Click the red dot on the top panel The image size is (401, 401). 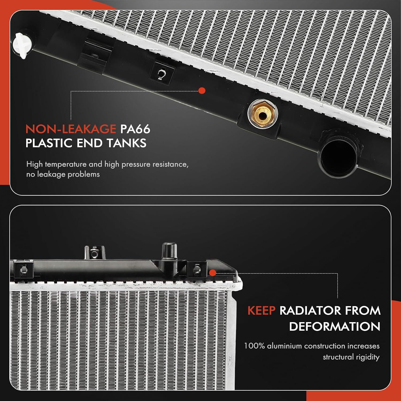coord(202,91)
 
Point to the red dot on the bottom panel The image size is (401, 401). coord(213,273)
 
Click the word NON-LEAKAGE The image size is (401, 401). coord(71,129)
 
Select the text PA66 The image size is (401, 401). coord(135,129)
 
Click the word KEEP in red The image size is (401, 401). coord(261,311)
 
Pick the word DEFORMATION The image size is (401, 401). coord(334,326)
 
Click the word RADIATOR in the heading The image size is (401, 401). coord(310,311)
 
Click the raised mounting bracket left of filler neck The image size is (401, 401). coord(94,253)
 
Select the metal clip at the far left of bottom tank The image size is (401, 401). coord(24,269)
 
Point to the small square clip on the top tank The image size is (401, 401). coord(161,73)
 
